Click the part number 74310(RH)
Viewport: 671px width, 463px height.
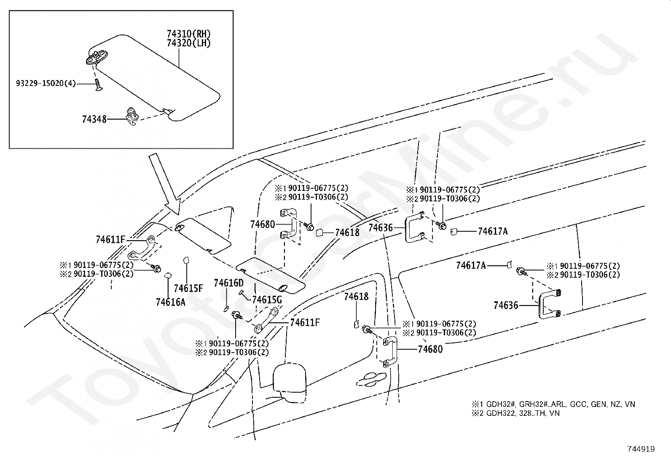pyautogui.click(x=189, y=34)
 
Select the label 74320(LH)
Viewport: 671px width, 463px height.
pyautogui.click(x=189, y=43)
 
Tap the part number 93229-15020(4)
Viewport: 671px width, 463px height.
pyautogui.click(x=46, y=83)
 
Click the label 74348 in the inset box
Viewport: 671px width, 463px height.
pyautogui.click(x=94, y=119)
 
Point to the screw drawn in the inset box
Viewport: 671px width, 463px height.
pyautogui.click(x=97, y=84)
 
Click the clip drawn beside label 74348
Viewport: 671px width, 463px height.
pyautogui.click(x=132, y=116)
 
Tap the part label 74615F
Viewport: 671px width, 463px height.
pyautogui.click(x=188, y=288)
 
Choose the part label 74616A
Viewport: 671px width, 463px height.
pyautogui.click(x=170, y=302)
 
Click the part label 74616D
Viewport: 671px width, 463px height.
pyautogui.click(x=228, y=283)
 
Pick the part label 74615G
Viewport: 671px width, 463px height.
pyautogui.click(x=267, y=300)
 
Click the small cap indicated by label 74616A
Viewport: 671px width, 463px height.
pyautogui.click(x=168, y=275)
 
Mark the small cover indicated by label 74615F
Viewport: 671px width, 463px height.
pyautogui.click(x=186, y=260)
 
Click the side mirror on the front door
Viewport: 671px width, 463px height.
pyautogui.click(x=290, y=383)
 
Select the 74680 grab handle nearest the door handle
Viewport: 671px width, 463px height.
pyautogui.click(x=390, y=352)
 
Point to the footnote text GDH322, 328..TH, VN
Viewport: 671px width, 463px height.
pyautogui.click(x=523, y=413)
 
